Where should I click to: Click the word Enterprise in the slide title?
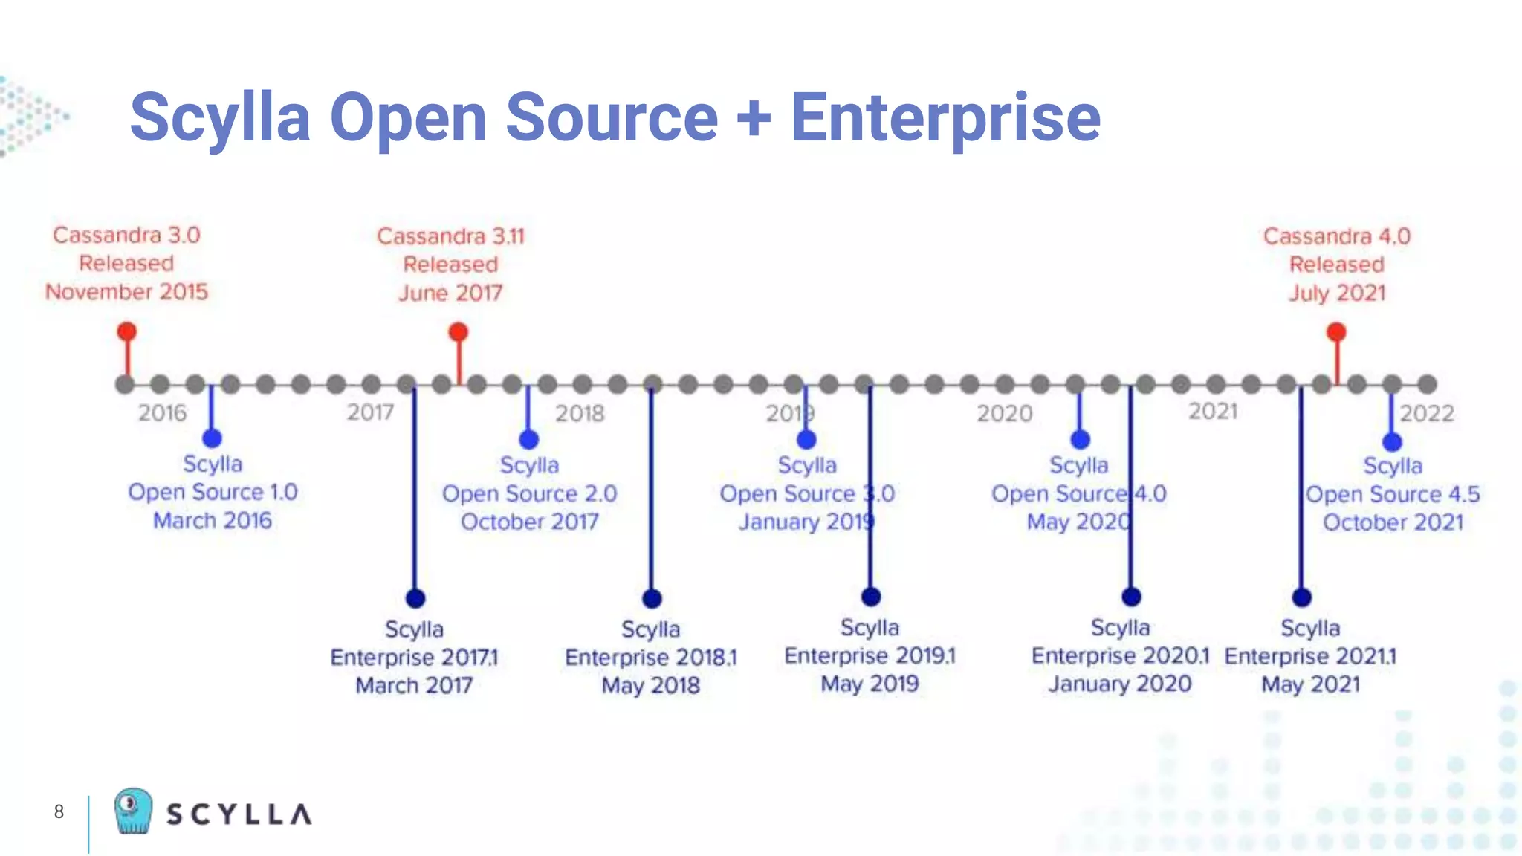coord(945,117)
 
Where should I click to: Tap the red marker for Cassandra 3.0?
coord(127,331)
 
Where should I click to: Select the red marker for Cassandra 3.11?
coord(459,331)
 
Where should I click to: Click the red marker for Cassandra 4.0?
coord(1336,331)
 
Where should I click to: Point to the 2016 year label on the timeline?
coord(162,413)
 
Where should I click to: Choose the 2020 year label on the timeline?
coord(1004,413)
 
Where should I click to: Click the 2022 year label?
coord(1426,413)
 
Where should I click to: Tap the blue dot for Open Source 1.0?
coord(212,438)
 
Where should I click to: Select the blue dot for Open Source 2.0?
coord(528,439)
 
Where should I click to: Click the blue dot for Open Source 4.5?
coord(1392,442)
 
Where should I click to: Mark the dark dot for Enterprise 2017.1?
coord(415,598)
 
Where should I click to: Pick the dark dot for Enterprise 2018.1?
coord(652,598)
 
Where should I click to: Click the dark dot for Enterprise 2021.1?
coord(1301,597)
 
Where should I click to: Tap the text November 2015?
coord(126,291)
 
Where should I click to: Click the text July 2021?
coord(1336,293)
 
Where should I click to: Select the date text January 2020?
coord(1119,684)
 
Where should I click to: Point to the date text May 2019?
coord(870,684)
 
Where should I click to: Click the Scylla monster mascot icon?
coord(133,811)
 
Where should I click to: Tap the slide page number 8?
coord(59,811)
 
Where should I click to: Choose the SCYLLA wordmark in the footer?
coord(239,814)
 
